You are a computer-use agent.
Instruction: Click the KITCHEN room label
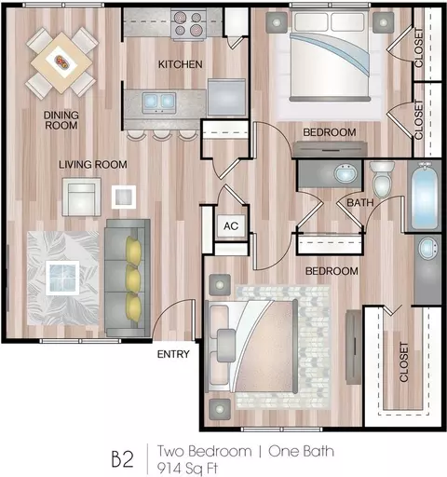click(x=181, y=64)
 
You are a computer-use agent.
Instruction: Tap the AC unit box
click(x=231, y=225)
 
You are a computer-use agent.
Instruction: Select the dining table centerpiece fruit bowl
click(x=61, y=61)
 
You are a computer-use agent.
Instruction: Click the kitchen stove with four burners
click(x=188, y=24)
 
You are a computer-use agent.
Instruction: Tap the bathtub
click(x=424, y=197)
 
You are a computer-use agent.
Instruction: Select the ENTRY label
click(x=173, y=354)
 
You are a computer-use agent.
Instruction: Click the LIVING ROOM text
click(x=93, y=164)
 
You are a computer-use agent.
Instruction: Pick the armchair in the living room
click(x=81, y=197)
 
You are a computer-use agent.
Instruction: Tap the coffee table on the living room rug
click(x=62, y=278)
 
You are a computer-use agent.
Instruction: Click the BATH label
click(x=360, y=203)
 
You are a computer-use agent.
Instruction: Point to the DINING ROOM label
click(x=61, y=120)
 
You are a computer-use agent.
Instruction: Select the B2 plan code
click(x=123, y=459)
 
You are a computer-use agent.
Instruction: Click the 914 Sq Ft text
click(x=187, y=469)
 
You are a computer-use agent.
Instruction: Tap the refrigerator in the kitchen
click(x=227, y=98)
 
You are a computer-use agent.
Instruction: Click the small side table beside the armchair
click(x=124, y=197)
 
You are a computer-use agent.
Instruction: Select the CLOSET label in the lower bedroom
click(x=403, y=362)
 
